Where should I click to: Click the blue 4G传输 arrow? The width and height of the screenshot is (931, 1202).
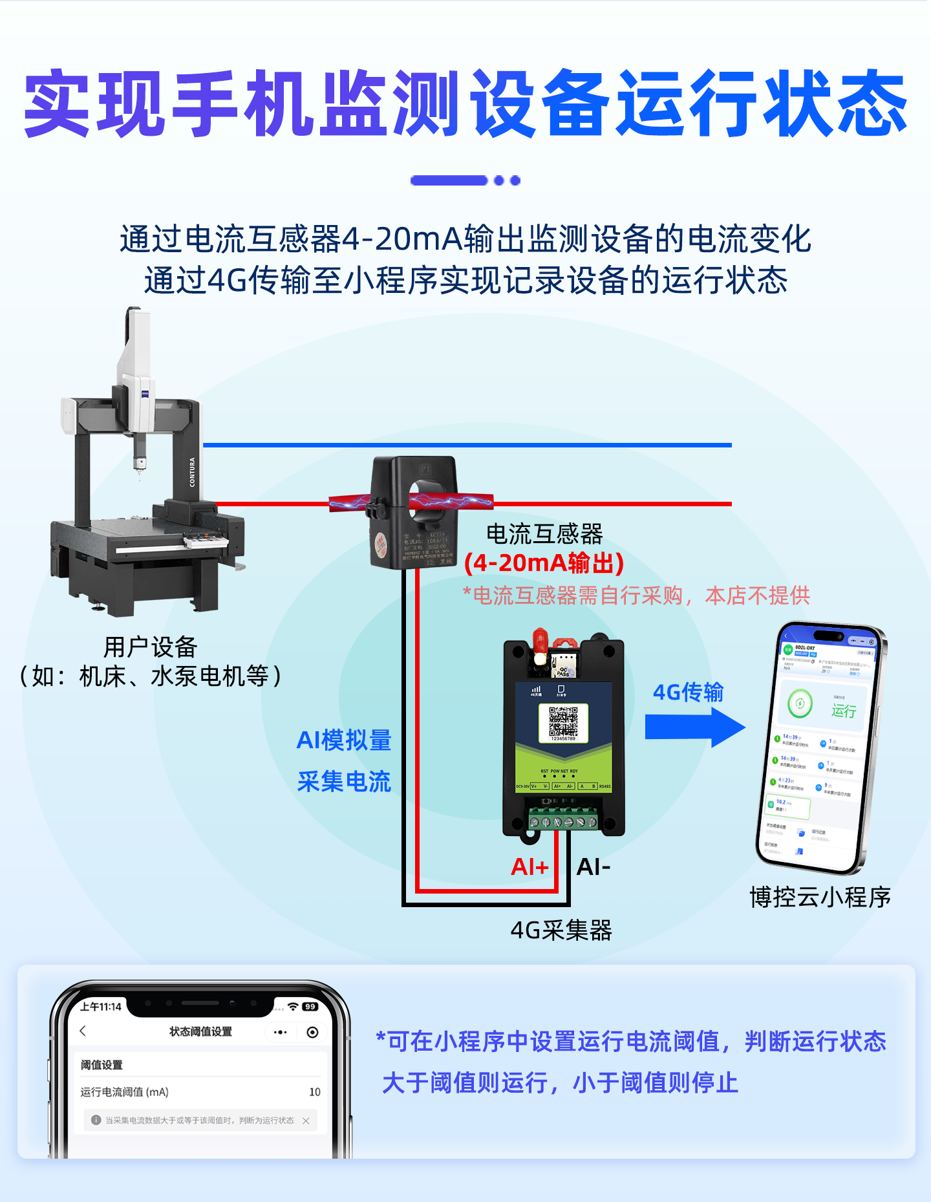pos(695,727)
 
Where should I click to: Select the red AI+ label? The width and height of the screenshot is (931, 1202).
pos(530,866)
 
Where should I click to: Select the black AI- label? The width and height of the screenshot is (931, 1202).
pos(594,866)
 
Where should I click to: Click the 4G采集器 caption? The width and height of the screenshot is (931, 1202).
pos(561,930)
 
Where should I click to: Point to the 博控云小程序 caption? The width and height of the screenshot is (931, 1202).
pos(820,897)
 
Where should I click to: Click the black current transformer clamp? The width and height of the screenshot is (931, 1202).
pos(414,511)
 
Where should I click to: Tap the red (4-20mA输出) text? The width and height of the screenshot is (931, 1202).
pos(544,563)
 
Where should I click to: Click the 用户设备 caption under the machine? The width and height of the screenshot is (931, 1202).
pos(150,647)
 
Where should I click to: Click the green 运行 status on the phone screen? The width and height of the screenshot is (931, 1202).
pos(843,711)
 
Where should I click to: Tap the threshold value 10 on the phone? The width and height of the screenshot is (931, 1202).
pos(315,1092)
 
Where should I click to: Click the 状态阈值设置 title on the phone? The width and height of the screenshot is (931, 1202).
pos(200,1031)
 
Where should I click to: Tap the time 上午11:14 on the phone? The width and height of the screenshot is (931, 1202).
pos(101,1007)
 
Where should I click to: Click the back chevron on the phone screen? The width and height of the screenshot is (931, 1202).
pos(83,1031)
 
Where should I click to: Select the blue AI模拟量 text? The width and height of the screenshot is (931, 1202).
pos(344,740)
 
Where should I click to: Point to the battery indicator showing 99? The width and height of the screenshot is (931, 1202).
pos(310,1007)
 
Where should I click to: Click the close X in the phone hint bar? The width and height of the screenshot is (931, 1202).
pos(306,1121)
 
